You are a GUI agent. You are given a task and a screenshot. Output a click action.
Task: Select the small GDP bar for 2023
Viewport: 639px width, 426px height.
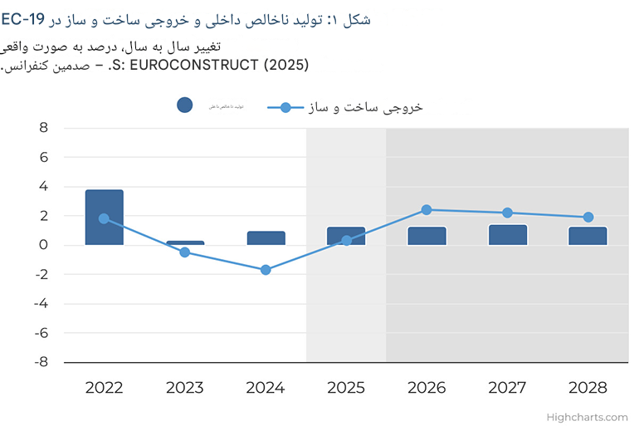[x=185, y=243]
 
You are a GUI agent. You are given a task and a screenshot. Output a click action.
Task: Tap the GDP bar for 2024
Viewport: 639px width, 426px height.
[x=266, y=238]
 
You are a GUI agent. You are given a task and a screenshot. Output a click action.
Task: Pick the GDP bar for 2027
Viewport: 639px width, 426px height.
[x=508, y=235]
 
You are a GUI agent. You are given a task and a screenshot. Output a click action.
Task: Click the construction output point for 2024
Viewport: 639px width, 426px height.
[x=266, y=270]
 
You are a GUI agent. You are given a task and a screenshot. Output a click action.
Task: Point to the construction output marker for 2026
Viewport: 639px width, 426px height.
[x=427, y=210]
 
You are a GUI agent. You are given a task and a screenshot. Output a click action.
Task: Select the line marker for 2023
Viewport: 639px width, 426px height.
[x=185, y=252]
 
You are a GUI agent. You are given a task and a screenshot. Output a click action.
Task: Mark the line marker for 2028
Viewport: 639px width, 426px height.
[x=588, y=218]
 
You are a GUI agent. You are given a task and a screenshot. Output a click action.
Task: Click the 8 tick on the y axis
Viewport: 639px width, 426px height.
[x=43, y=128]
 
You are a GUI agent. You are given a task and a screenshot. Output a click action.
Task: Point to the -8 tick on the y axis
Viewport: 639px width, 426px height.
[x=41, y=362]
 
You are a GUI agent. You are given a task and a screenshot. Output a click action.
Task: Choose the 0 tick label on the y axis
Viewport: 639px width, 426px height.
[x=43, y=245]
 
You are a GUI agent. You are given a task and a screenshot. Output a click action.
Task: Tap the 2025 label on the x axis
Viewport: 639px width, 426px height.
[x=346, y=388]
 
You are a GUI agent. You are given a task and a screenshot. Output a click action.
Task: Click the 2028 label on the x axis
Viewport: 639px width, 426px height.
[x=588, y=388]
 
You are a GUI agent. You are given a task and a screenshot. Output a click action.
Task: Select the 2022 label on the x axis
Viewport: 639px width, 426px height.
[x=104, y=388]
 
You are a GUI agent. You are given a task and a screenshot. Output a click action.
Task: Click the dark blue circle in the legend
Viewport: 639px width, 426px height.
[x=185, y=105]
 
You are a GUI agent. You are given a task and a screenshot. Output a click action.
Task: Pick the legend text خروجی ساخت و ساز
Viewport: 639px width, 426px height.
[x=366, y=107]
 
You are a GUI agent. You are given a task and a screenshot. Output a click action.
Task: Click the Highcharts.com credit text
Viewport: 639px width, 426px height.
[x=587, y=417]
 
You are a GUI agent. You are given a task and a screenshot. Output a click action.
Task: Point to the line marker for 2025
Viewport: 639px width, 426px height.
[x=346, y=241]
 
